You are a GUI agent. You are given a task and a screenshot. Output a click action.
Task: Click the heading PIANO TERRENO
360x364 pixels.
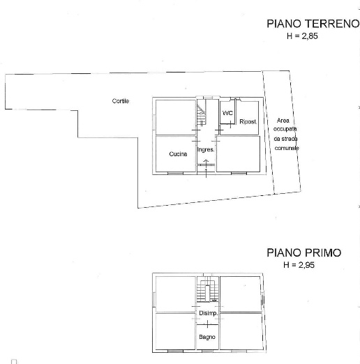tap(312, 24)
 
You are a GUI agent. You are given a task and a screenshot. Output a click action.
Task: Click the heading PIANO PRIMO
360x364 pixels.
tap(303, 253)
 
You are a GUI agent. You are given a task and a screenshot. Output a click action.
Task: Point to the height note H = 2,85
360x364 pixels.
tap(301, 36)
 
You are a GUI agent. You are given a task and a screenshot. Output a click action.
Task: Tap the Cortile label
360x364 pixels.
tap(121, 101)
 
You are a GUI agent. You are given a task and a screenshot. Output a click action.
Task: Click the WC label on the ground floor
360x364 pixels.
tap(227, 113)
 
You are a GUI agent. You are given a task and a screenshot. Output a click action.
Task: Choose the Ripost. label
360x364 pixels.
tap(248, 122)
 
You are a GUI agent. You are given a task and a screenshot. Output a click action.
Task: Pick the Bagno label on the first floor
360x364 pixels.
tap(207, 338)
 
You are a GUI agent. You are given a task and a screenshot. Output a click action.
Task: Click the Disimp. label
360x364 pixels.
tap(209, 313)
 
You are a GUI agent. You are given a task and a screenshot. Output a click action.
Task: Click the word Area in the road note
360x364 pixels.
tap(283, 120)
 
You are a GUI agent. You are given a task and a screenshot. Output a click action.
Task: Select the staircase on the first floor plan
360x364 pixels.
tap(207, 291)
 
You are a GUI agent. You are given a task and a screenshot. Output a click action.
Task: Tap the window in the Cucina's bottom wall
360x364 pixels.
tap(175, 172)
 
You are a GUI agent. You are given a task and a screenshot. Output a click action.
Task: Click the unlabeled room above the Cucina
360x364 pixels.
tap(175, 116)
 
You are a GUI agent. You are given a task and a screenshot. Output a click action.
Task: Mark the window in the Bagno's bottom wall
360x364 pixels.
tap(207, 349)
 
